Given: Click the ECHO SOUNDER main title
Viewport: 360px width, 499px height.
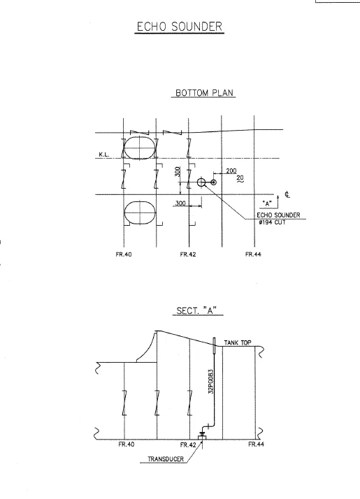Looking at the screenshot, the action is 180,27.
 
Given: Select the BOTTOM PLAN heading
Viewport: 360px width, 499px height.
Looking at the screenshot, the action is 204,93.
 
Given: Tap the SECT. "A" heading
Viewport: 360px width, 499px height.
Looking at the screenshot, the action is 196,310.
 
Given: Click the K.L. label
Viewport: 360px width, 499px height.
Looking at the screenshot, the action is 103,154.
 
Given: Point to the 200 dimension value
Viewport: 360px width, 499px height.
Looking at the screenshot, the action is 231,171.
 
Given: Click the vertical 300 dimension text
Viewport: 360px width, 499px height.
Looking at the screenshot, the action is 178,171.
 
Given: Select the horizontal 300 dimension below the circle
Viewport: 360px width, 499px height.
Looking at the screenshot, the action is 180,203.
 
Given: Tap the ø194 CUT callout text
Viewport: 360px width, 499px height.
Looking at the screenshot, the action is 272,222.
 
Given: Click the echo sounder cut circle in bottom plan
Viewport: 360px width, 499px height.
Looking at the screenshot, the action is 201,182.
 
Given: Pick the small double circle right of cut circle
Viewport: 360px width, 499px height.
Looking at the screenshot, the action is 214,182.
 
